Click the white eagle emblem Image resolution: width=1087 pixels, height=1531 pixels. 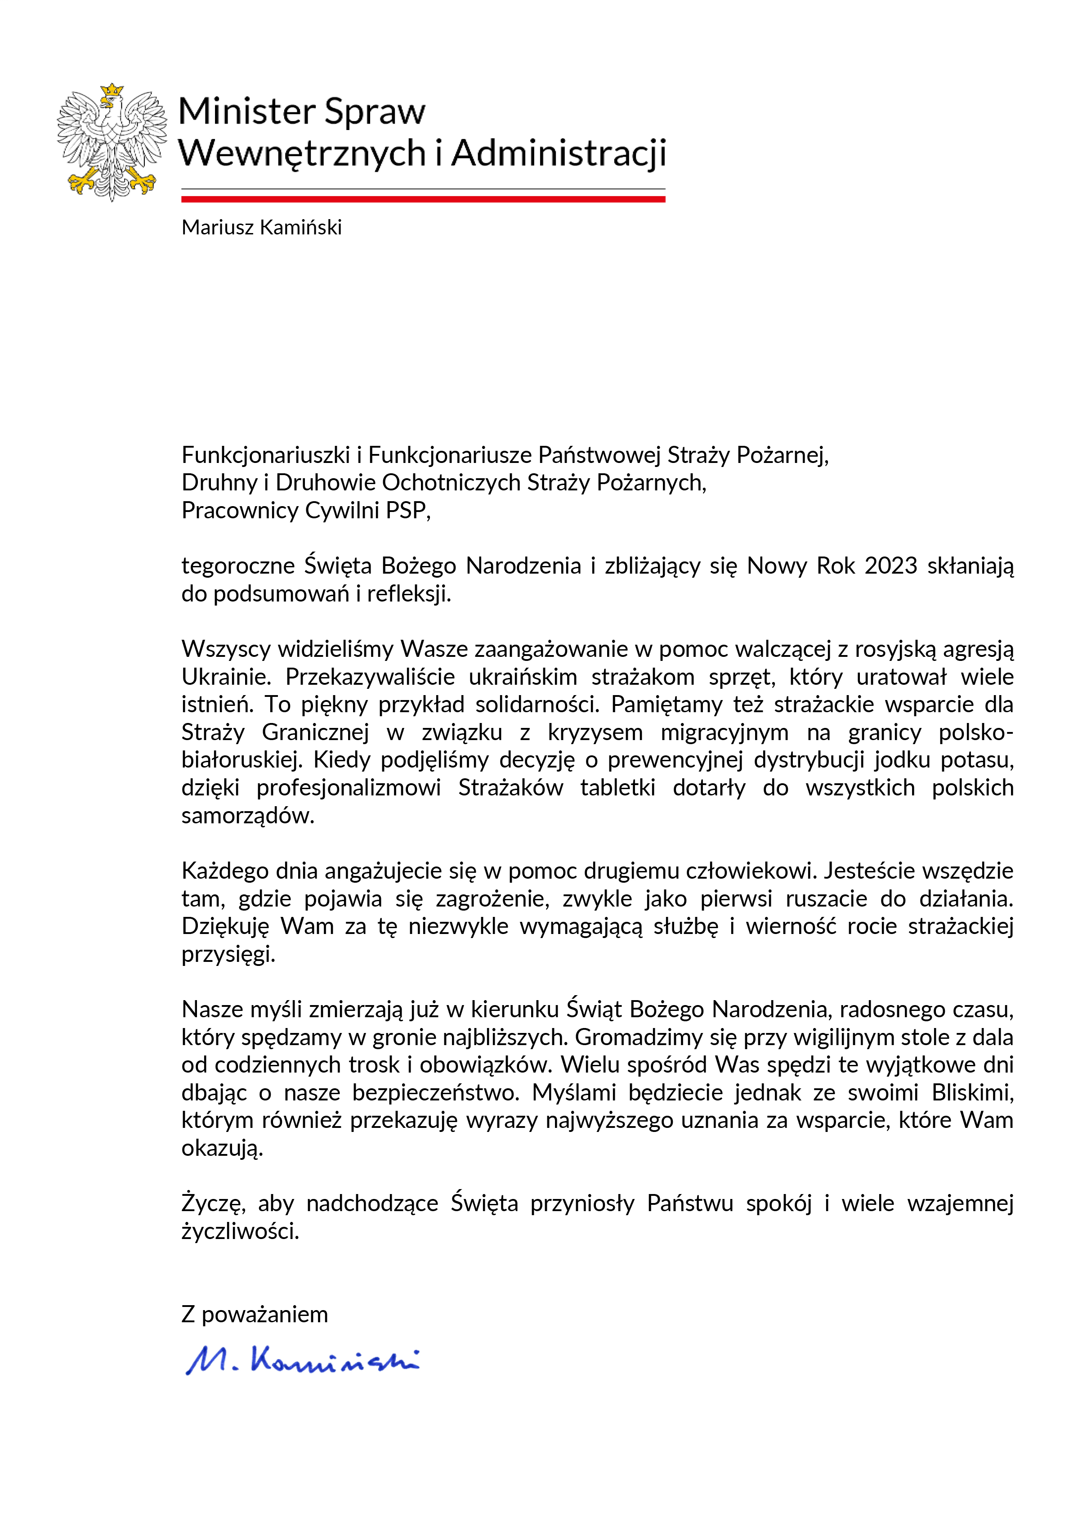coord(112,142)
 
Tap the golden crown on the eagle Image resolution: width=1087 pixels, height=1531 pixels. coord(112,90)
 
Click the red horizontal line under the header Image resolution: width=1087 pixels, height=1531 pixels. coord(423,199)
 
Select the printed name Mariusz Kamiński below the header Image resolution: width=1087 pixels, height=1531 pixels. coord(261,228)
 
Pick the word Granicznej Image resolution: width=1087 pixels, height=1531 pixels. coord(315,732)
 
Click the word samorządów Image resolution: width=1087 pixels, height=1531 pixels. coord(248,815)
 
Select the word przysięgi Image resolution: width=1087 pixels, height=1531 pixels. coord(228,954)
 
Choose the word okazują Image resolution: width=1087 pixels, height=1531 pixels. coord(222,1148)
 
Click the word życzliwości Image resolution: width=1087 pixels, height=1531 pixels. coord(240,1231)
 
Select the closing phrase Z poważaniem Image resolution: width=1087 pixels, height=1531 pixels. coord(255,1314)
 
